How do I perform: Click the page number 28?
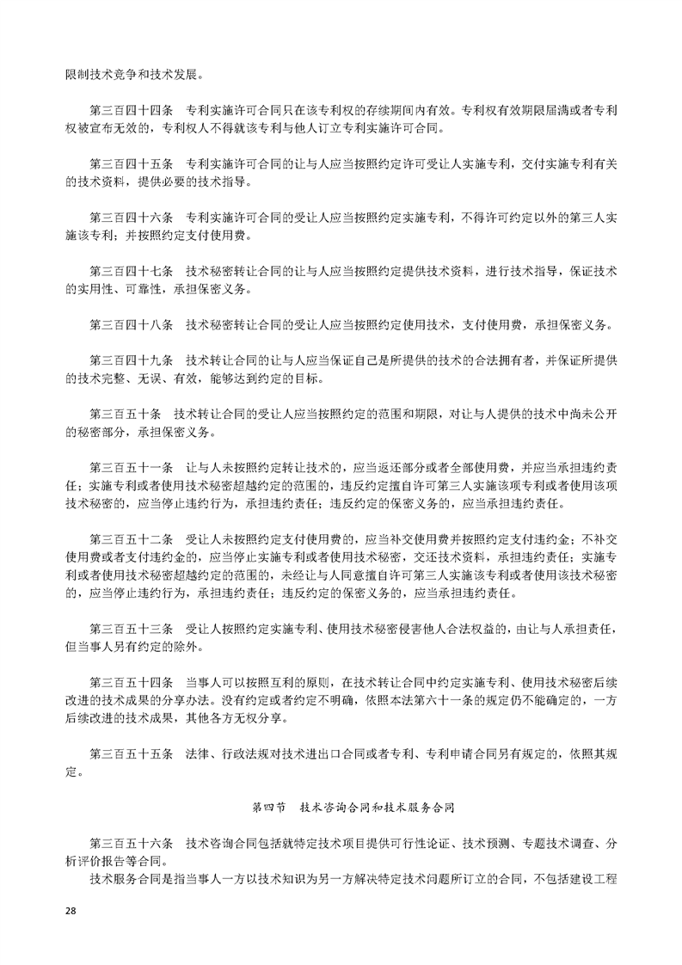coord(71,911)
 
